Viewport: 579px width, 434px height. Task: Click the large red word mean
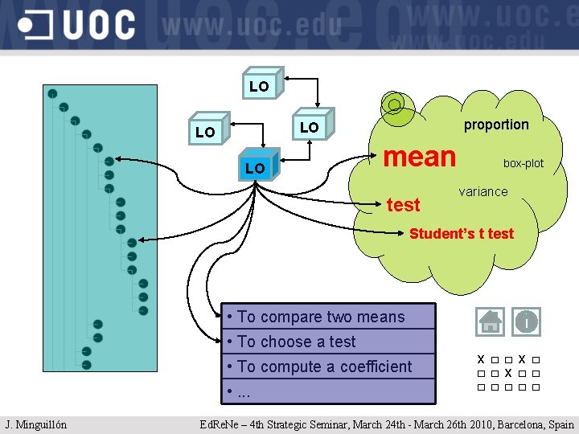[420, 156]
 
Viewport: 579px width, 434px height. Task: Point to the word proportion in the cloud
[496, 125]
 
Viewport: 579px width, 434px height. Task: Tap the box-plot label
[523, 163]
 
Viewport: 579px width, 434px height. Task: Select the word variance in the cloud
[482, 191]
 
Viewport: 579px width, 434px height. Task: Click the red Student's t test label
[461, 234]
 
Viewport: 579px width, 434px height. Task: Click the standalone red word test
[403, 205]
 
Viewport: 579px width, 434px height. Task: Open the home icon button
[490, 321]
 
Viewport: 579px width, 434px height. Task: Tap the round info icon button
[526, 321]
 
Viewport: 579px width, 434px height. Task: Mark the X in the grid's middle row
[508, 373]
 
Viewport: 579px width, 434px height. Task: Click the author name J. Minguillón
[36, 424]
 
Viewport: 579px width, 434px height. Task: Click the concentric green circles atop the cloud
[393, 104]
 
